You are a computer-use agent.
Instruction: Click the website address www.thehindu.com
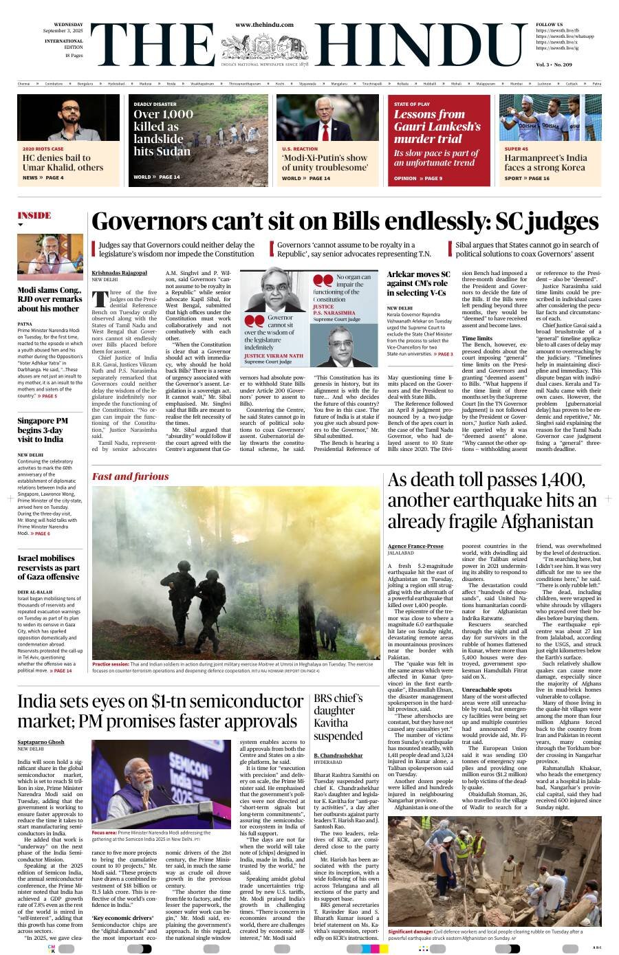point(264,25)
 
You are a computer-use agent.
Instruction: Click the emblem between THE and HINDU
point(264,45)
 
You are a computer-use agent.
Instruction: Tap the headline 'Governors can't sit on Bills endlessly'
point(345,221)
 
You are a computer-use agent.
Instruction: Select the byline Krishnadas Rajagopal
point(119,273)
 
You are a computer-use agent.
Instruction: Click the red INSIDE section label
point(34,215)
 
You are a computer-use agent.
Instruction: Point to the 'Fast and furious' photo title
point(131,476)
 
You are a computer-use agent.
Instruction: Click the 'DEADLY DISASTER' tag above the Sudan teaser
point(155,104)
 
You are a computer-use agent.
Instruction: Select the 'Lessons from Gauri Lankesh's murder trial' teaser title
point(437,127)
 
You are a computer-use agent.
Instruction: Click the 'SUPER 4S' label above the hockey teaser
point(517,149)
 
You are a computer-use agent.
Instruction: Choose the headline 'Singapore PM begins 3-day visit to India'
point(43,430)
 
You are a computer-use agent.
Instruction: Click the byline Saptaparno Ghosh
point(41,743)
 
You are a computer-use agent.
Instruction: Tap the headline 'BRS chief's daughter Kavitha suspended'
point(338,717)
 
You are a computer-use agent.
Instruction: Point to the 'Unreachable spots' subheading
point(486,689)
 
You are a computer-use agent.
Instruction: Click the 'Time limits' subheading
point(477,338)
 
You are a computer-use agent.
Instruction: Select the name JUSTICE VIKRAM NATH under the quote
point(273,356)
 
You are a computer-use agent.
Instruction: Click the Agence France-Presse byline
point(415,546)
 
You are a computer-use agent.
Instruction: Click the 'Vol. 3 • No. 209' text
point(553,64)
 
